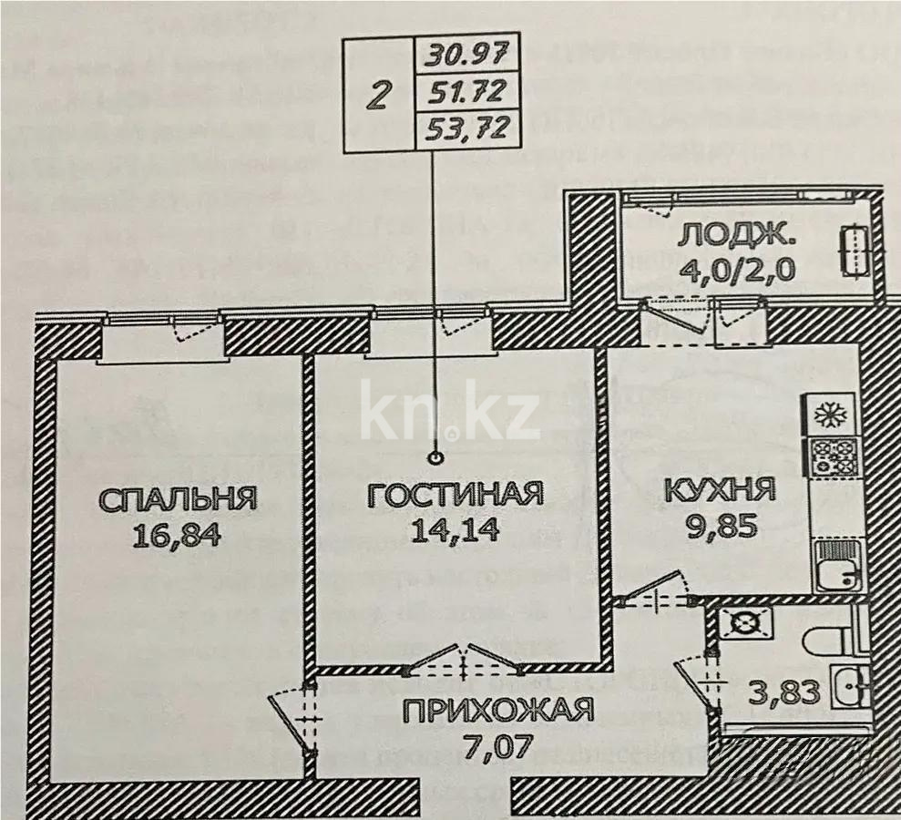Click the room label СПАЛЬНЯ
click(x=178, y=499)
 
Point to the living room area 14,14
click(x=455, y=529)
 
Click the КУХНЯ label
click(x=720, y=491)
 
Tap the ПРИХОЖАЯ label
click(x=498, y=708)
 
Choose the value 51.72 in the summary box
click(x=467, y=92)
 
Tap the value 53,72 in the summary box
click(x=467, y=128)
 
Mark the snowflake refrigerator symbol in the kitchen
click(x=829, y=415)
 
